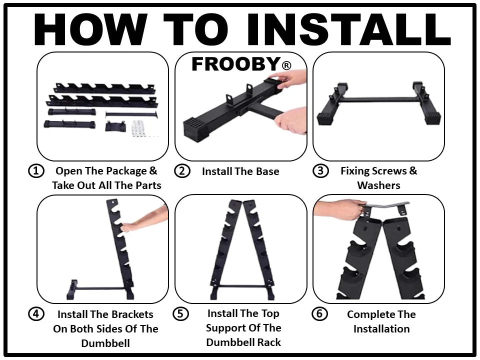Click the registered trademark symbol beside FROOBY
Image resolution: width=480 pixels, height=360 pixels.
(286, 65)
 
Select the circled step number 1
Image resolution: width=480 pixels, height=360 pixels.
(36, 171)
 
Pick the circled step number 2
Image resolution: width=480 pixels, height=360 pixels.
(182, 171)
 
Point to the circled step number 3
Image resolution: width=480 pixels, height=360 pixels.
(320, 171)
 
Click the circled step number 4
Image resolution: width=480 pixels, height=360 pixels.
(36, 314)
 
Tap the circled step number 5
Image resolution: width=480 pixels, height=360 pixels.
(180, 314)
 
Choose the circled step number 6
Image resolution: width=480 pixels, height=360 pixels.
(319, 314)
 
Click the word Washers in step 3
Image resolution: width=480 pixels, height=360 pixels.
(378, 185)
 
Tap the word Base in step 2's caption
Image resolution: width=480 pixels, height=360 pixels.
(267, 171)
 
